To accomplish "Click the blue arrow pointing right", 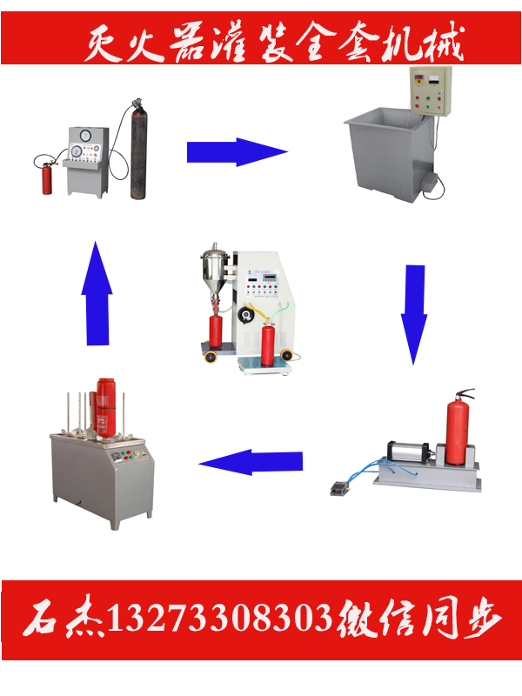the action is point(237,151).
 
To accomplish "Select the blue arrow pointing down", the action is point(414,314).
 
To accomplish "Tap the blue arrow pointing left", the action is point(251,462).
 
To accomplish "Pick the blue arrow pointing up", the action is point(97,293).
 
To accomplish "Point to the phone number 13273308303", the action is point(220,618).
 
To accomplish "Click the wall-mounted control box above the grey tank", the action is point(430,91).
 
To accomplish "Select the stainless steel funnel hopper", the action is point(215,270).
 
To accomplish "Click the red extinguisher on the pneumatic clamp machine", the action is point(458,428).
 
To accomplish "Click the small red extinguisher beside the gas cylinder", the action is point(47,178).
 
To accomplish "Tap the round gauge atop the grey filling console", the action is point(84,135).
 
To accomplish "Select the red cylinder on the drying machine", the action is point(106,407).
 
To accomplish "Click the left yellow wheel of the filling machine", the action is point(210,357).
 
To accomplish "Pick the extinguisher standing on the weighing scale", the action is point(268,344).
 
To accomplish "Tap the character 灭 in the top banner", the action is point(103,43).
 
